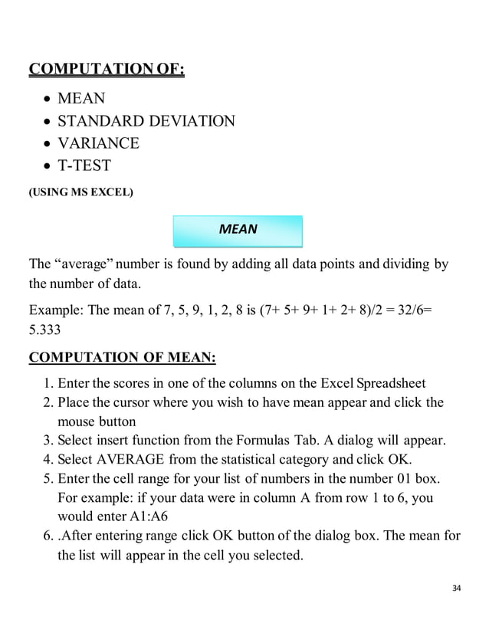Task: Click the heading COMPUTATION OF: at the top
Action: point(107,71)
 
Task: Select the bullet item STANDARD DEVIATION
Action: point(146,121)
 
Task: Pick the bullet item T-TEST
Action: point(84,166)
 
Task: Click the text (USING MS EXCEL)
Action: point(80,192)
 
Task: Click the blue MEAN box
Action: point(238,229)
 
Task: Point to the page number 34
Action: point(457,588)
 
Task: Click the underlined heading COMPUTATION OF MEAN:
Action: point(123,358)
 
